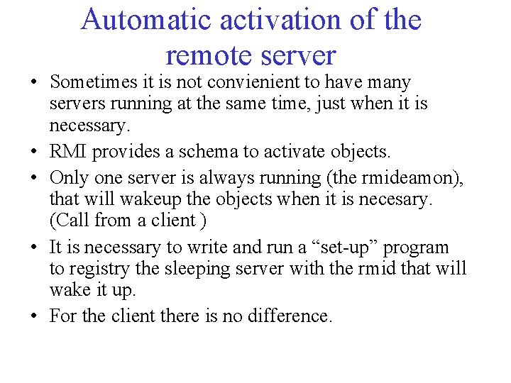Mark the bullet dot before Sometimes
[x=34, y=84]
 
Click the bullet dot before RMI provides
[x=34, y=152]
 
